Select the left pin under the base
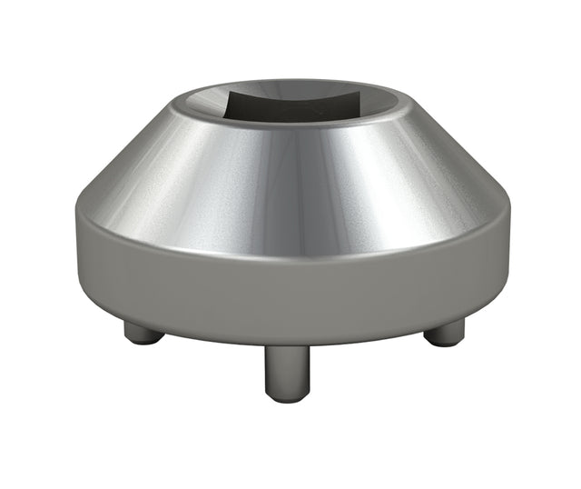coord(143,332)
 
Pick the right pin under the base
coord(444,333)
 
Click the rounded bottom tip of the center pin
coord(287,396)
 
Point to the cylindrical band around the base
coord(290,291)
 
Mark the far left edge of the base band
coord(76,245)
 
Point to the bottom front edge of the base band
coord(290,342)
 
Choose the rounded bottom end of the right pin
coord(444,342)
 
